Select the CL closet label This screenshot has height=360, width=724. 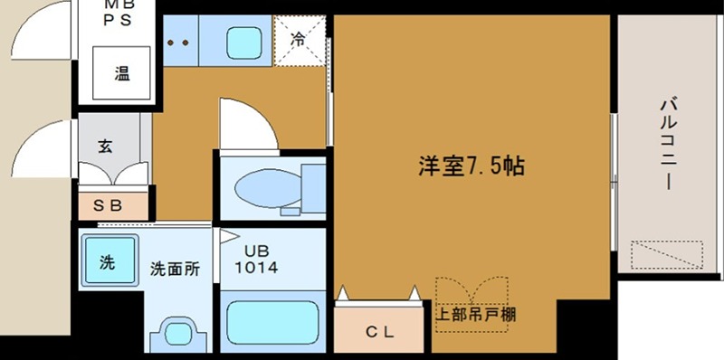379,331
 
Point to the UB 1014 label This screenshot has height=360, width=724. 256,261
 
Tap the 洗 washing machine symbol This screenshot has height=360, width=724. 108,263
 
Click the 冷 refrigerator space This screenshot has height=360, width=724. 299,40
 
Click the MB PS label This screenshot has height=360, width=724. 121,13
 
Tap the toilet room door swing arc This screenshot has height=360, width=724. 246,122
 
